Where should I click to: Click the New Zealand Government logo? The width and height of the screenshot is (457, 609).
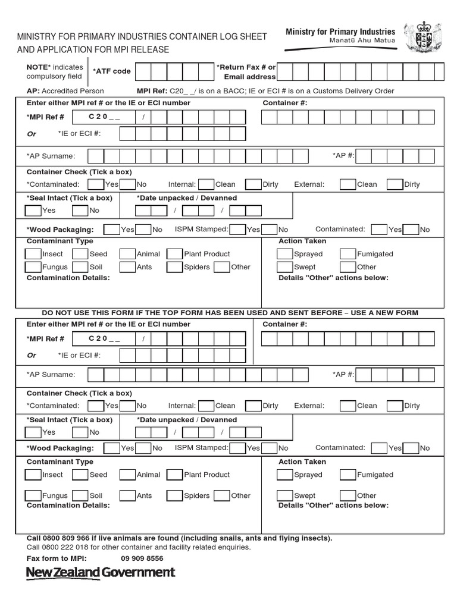point(101,573)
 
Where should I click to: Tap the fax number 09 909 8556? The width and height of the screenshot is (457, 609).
point(142,558)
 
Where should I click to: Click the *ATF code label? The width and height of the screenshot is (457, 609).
point(111,71)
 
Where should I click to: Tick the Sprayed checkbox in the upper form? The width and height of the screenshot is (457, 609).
point(285,254)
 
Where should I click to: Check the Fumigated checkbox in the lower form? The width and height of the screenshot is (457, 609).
point(348,475)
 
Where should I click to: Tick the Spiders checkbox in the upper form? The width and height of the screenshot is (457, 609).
point(174,267)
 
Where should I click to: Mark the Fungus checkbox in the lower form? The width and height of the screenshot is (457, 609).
point(33,495)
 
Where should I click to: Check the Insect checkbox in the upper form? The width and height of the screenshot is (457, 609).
point(33,254)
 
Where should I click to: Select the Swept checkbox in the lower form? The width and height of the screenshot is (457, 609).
point(285,495)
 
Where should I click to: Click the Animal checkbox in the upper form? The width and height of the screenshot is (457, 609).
point(127,254)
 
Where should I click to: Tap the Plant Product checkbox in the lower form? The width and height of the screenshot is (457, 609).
point(174,475)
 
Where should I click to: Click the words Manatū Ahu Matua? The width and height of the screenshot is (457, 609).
point(362,41)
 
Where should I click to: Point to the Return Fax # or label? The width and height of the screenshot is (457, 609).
point(246,67)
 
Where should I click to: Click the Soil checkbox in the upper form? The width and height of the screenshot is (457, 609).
point(80,267)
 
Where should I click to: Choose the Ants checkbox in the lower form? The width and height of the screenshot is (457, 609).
point(127,495)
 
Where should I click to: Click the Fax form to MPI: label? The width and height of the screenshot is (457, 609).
point(57,558)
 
